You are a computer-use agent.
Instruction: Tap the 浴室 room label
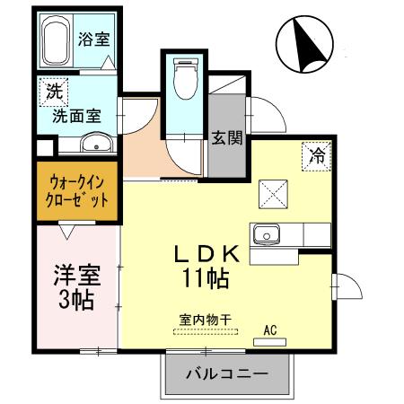92,39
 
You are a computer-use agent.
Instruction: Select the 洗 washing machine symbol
54,91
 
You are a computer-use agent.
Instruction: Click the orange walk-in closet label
79,191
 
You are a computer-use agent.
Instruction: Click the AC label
269,329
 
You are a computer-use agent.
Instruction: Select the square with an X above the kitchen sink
274,192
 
